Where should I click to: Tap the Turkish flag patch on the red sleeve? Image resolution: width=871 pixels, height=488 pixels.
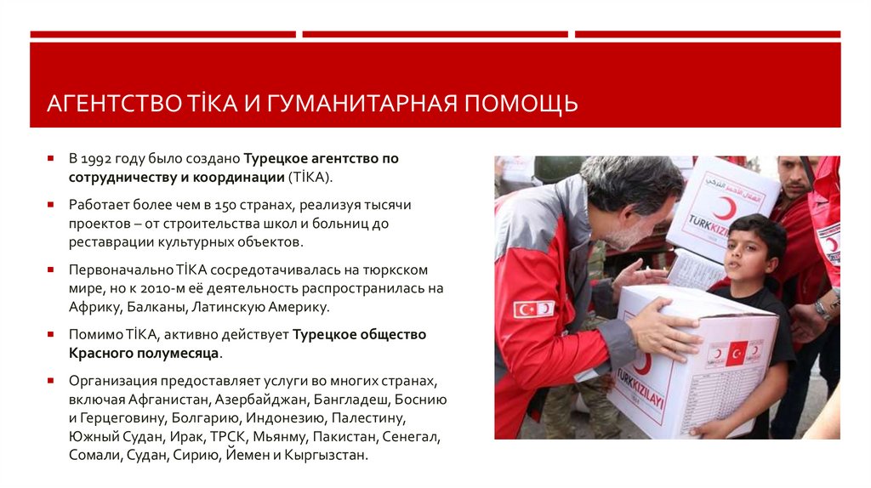pos(534,309)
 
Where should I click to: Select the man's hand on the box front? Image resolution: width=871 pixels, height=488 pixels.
pos(668,328)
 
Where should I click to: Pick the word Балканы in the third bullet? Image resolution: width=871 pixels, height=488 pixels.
pos(158,307)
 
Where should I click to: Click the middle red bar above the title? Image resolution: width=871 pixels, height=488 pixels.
pos(435,35)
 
